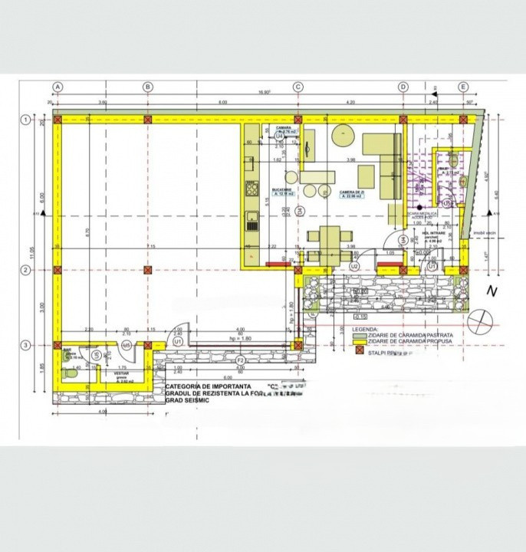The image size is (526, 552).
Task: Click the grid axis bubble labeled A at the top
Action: point(58,87)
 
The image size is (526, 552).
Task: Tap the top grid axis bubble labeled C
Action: point(298,87)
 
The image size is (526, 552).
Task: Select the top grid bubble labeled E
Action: point(463,87)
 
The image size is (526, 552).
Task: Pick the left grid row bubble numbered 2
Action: point(25,270)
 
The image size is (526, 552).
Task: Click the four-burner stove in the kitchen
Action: point(251,187)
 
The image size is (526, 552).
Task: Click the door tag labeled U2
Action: point(354,265)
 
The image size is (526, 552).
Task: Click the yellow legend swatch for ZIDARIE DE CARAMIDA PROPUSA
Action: point(357,342)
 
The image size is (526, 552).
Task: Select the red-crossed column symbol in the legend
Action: point(357,353)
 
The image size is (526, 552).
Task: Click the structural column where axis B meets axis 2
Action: point(148,270)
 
